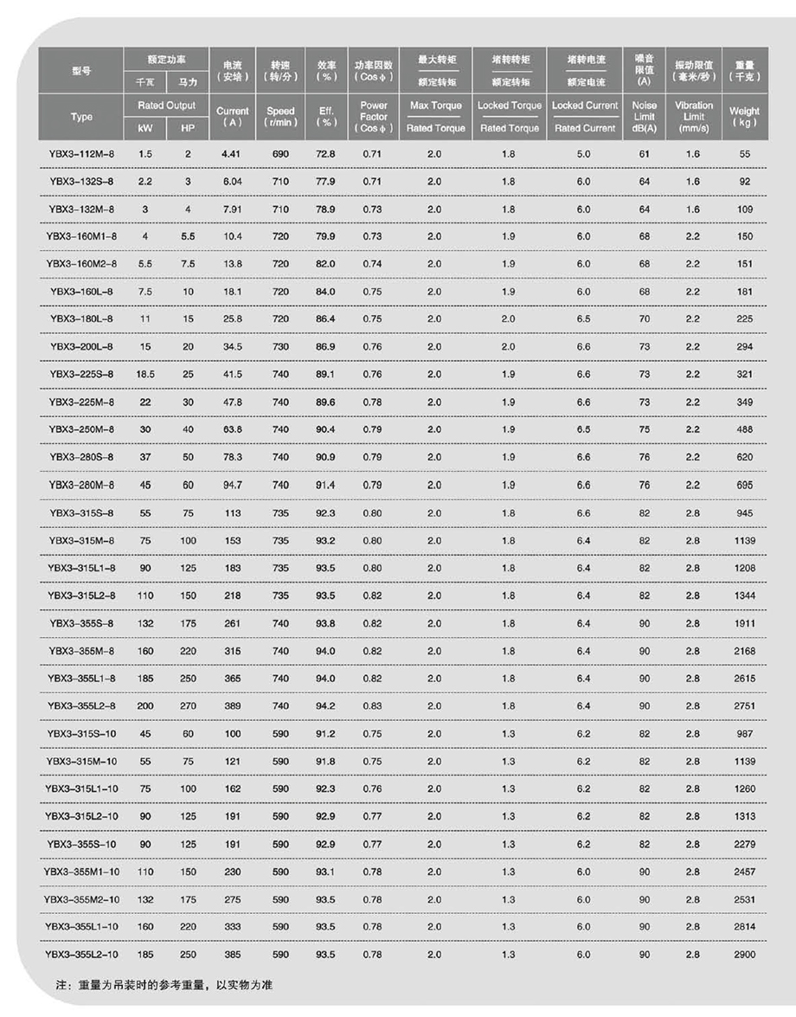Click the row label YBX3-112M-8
click(81, 153)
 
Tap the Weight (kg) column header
click(744, 116)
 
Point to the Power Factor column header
click(374, 116)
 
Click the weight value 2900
click(744, 954)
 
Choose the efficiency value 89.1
click(325, 374)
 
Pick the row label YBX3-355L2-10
click(81, 954)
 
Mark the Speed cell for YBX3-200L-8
click(280, 346)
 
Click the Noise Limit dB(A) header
click(645, 116)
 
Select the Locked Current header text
click(585, 106)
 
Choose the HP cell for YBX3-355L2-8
click(188, 705)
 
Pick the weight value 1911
click(744, 622)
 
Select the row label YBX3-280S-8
click(81, 457)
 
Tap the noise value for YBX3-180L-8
click(645, 319)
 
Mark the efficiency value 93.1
click(325, 872)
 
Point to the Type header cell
click(81, 117)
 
